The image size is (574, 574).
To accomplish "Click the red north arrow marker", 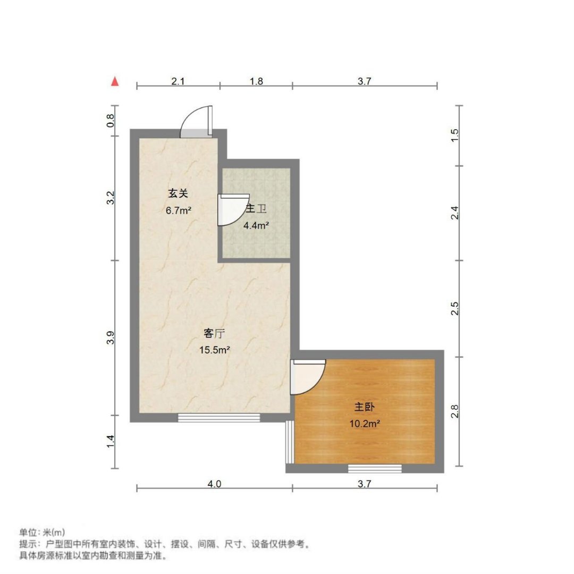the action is pyautogui.click(x=115, y=81).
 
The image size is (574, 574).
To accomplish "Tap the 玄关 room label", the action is pyautogui.click(x=178, y=193).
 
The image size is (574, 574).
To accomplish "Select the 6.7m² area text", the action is pyautogui.click(x=178, y=210).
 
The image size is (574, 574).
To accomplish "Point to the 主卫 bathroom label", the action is pyautogui.click(x=256, y=209).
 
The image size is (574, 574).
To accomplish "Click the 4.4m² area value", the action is pyautogui.click(x=256, y=225).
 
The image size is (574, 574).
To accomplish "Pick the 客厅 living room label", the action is pyautogui.click(x=214, y=333).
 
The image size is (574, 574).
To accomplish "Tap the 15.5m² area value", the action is pyautogui.click(x=215, y=350).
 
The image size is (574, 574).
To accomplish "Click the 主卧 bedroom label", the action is pyautogui.click(x=364, y=407).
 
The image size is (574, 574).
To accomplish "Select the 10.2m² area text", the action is pyautogui.click(x=365, y=424).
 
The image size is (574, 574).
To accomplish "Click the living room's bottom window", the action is pyautogui.click(x=219, y=418).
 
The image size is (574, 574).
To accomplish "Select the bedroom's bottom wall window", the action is pyautogui.click(x=375, y=469).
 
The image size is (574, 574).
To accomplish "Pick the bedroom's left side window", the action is pyautogui.click(x=290, y=442).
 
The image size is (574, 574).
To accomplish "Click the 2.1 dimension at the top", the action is pyautogui.click(x=178, y=81).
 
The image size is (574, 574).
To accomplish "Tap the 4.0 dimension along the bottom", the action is pyautogui.click(x=214, y=484).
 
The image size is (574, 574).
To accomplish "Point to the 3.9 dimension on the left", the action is pyautogui.click(x=111, y=337).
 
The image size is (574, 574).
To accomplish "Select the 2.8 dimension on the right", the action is pyautogui.click(x=454, y=411).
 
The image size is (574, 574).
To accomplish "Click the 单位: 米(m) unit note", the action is pyautogui.click(x=42, y=532).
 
